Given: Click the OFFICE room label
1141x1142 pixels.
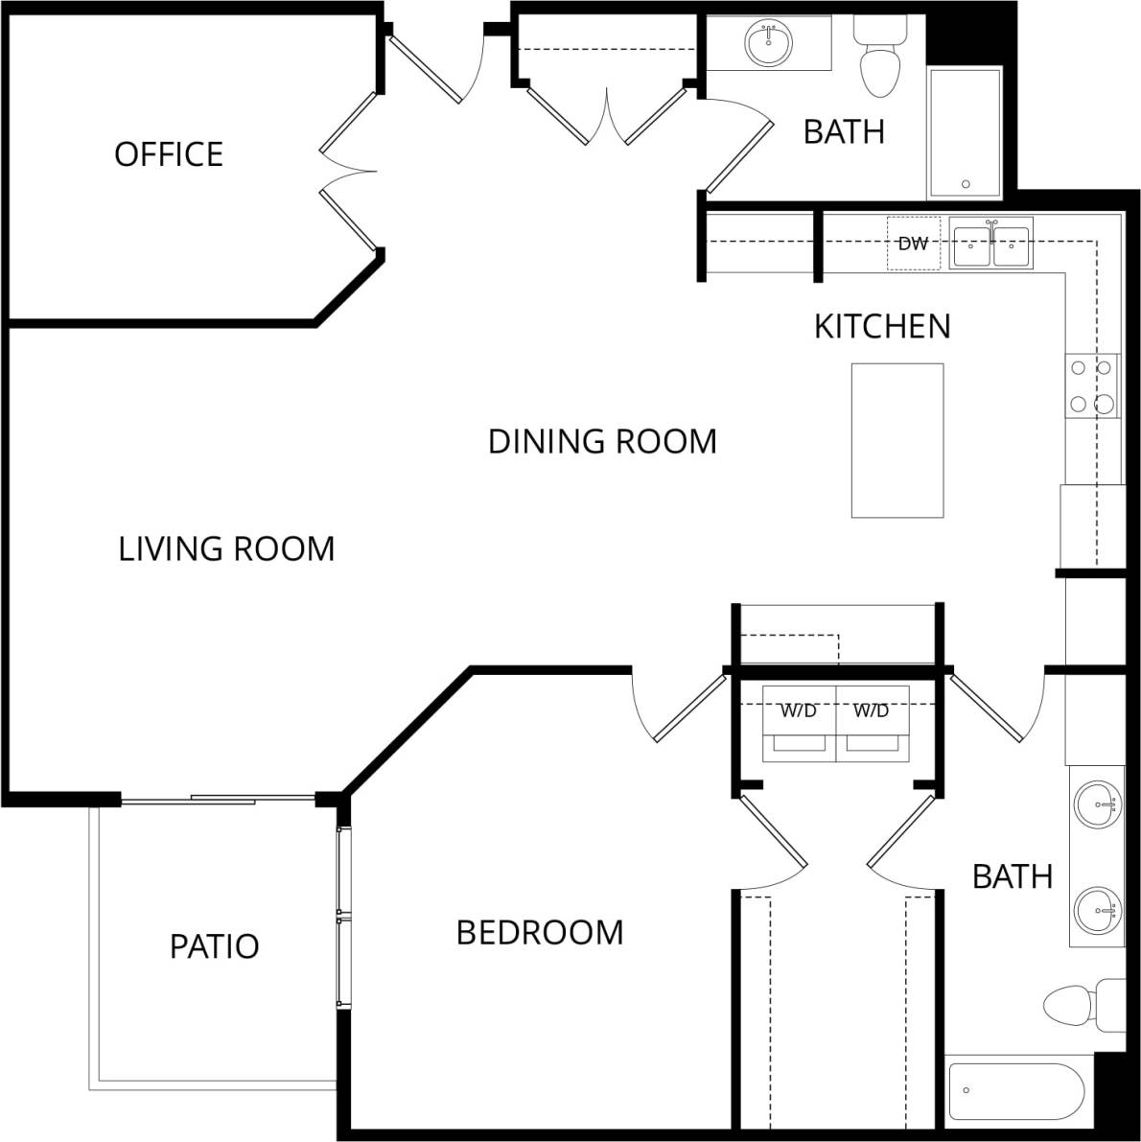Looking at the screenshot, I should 169,153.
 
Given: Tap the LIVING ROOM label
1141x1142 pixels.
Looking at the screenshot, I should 226,548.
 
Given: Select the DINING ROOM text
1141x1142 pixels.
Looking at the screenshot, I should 602,441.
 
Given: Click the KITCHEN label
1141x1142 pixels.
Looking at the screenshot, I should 881,326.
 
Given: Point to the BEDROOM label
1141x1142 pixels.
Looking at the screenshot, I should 539,932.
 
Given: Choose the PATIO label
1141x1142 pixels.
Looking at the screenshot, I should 214,946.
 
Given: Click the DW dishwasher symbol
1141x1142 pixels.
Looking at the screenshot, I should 913,244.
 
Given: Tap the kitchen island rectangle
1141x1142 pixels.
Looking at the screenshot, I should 897,440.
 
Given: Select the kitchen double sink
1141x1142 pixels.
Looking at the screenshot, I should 991,245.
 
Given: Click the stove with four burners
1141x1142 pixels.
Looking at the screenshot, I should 1092,385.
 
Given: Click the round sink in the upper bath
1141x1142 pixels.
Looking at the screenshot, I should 768,42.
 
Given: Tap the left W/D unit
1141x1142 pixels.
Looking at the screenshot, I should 799,724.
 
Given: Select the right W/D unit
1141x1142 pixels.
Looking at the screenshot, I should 872,724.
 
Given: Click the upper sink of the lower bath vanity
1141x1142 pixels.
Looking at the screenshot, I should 1096,804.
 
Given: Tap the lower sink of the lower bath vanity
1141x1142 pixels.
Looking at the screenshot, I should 1096,908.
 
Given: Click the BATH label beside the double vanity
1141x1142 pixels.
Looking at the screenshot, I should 1012,876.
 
